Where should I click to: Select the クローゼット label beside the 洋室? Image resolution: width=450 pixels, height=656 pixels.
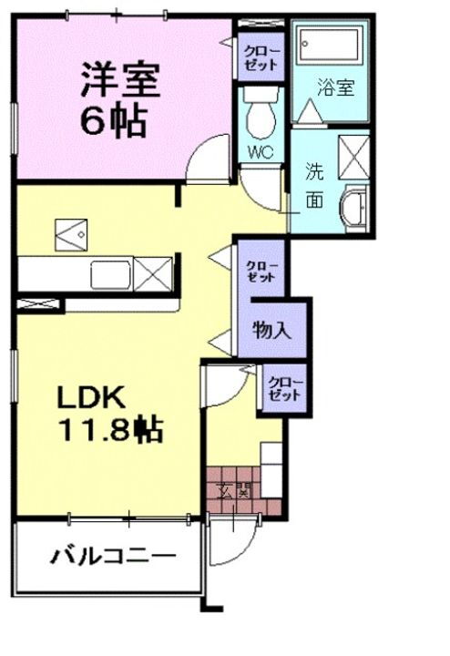coord(261,57)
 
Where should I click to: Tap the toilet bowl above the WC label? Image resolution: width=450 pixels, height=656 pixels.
coord(261,117)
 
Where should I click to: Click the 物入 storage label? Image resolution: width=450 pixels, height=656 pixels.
coord(272,329)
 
